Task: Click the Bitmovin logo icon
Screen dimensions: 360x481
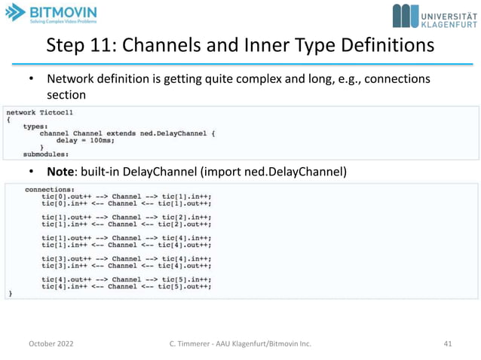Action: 17,14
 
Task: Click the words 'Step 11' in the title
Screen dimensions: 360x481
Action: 76,46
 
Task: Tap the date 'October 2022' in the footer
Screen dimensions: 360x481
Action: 51,343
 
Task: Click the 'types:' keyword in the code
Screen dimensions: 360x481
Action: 35,126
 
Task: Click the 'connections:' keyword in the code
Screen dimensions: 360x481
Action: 50,190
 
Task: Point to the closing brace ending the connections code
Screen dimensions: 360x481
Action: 10,293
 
